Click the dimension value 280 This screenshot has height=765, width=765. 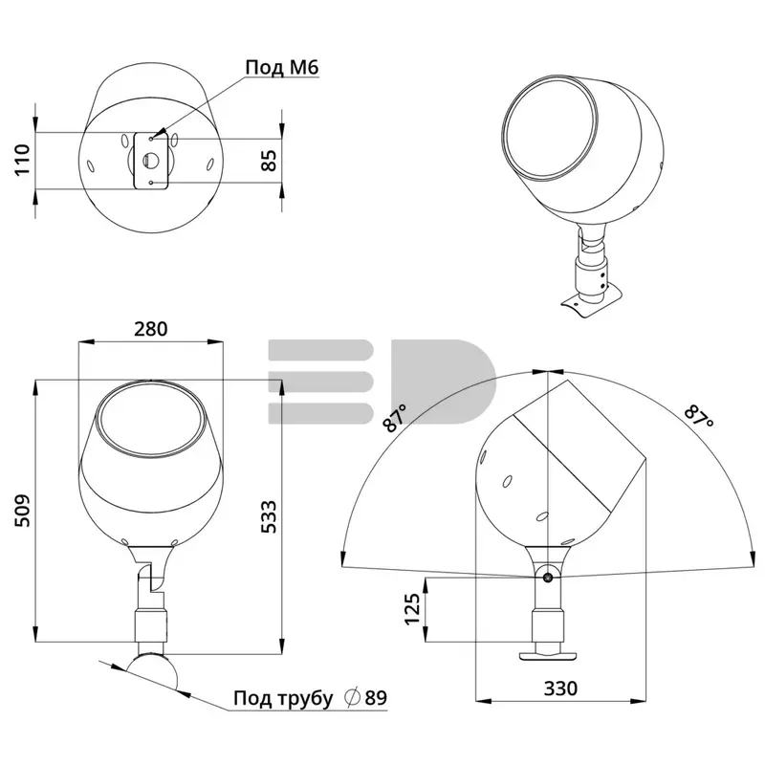(x=151, y=329)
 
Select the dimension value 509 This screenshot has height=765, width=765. (x=23, y=511)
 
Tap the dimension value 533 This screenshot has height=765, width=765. (x=269, y=516)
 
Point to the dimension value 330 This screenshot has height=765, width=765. (x=560, y=688)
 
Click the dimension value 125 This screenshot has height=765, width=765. (x=412, y=608)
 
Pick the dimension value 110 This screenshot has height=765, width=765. (x=23, y=160)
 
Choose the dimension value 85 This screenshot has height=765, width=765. (x=269, y=161)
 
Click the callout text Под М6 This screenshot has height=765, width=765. (x=282, y=67)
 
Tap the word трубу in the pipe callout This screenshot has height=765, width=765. (x=305, y=699)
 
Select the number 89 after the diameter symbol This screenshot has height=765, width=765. (x=376, y=698)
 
